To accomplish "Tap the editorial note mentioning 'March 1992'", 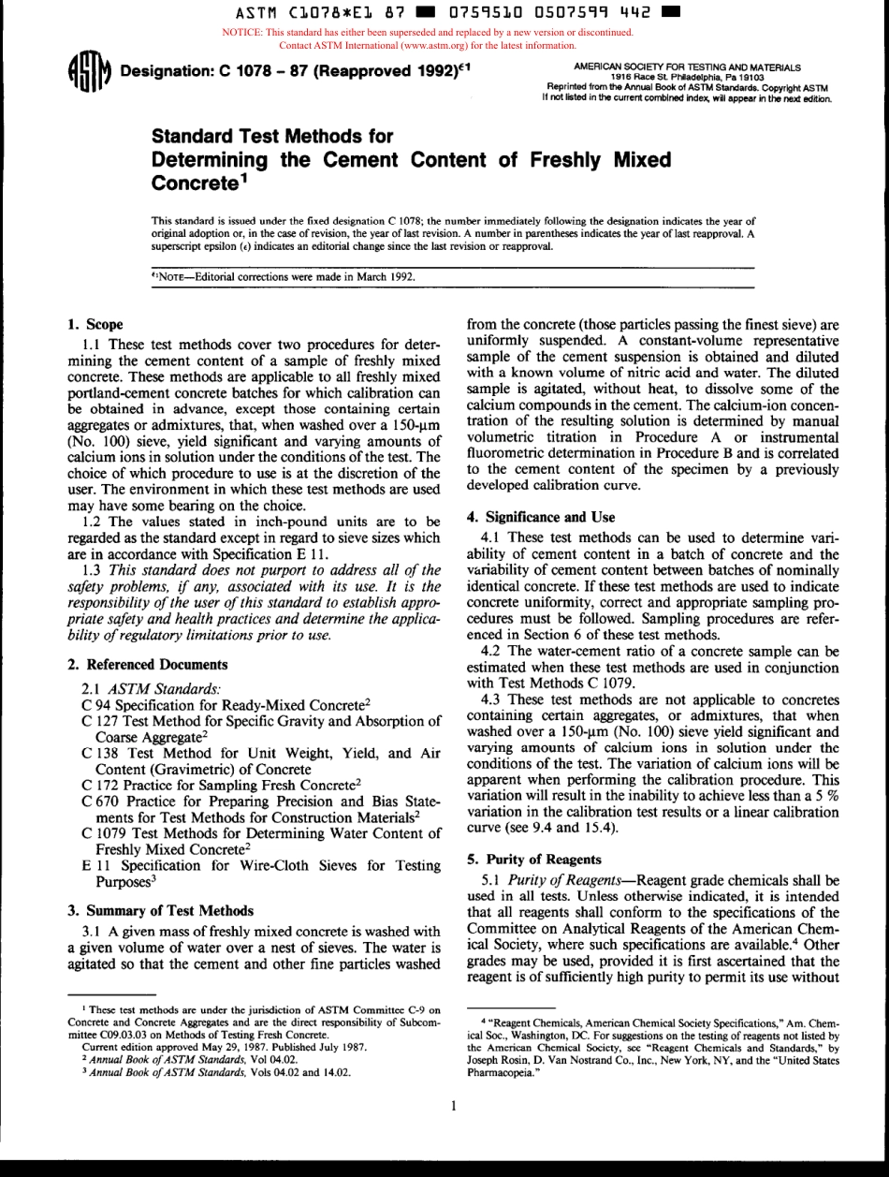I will pyautogui.click(x=281, y=276).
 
